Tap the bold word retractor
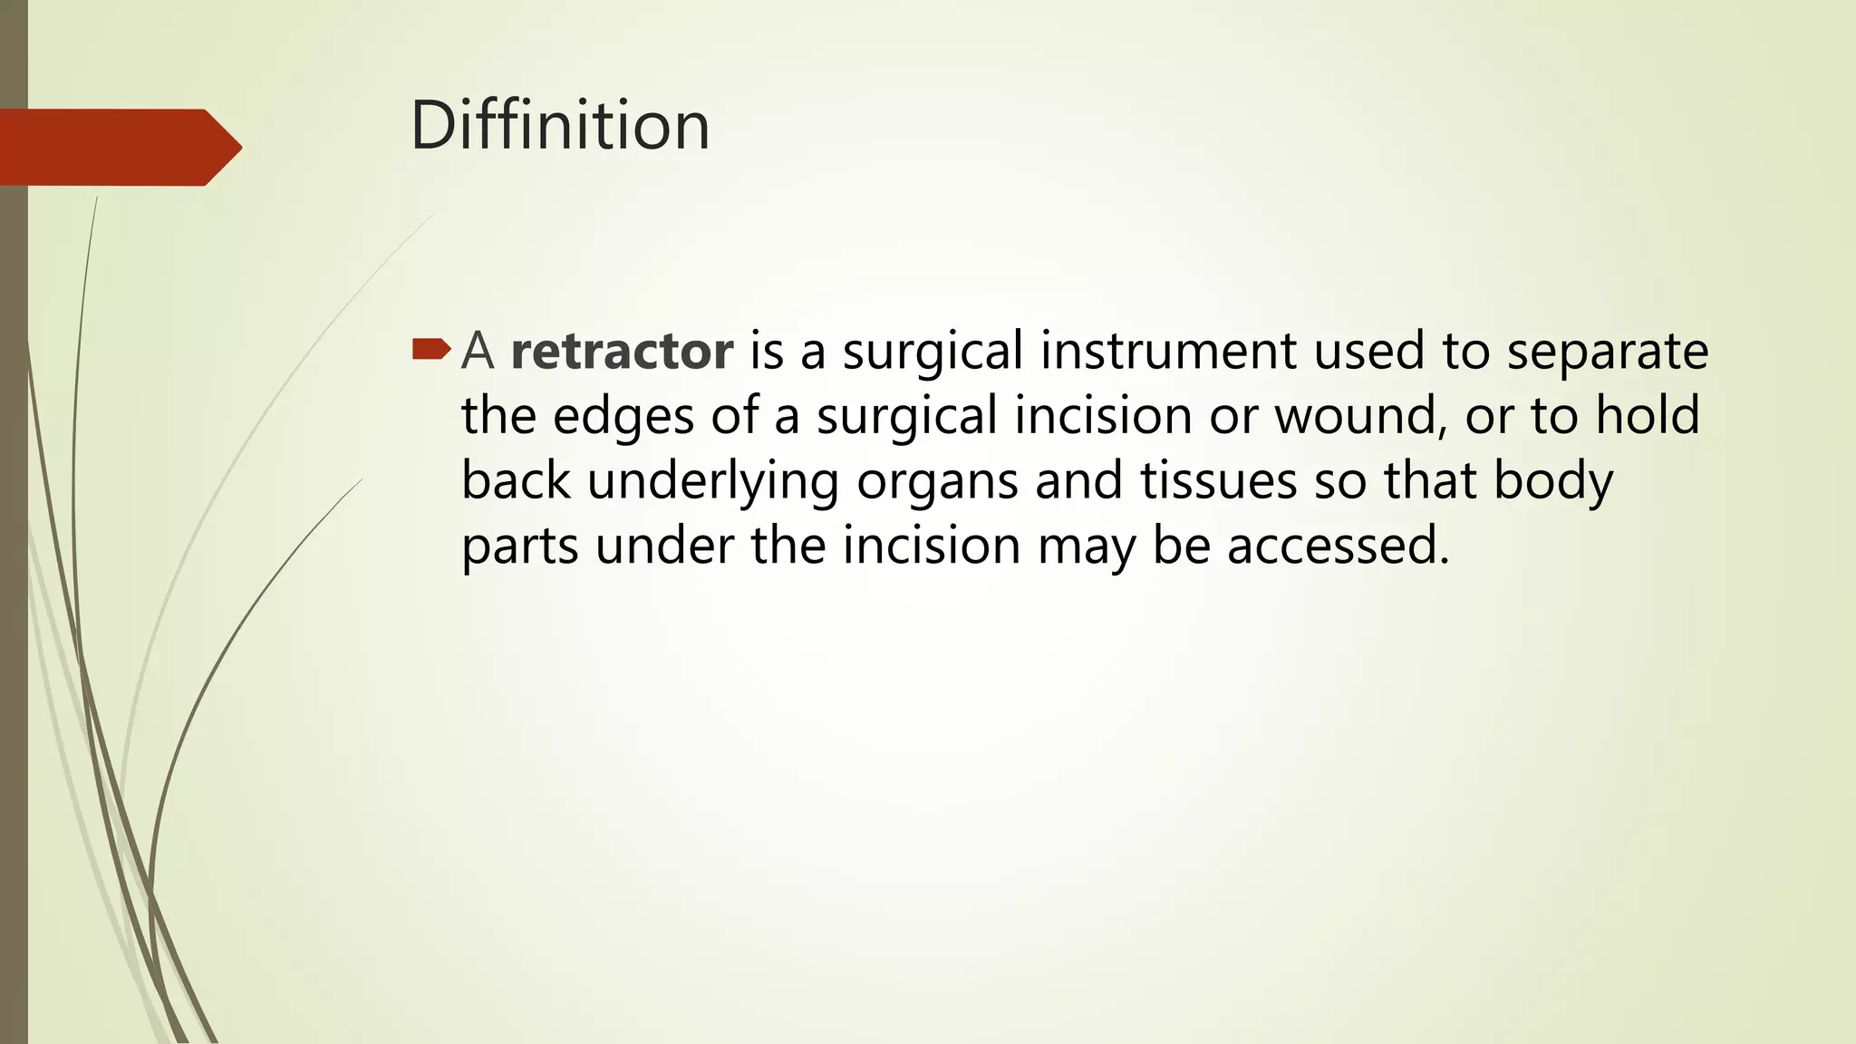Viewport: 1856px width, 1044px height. coord(622,351)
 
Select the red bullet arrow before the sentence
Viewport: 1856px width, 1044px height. coord(430,349)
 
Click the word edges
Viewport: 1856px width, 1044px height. coord(623,417)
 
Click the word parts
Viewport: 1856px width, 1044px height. coord(519,546)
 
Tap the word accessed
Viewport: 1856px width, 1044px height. coord(1338,546)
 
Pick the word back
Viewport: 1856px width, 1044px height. coord(516,481)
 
